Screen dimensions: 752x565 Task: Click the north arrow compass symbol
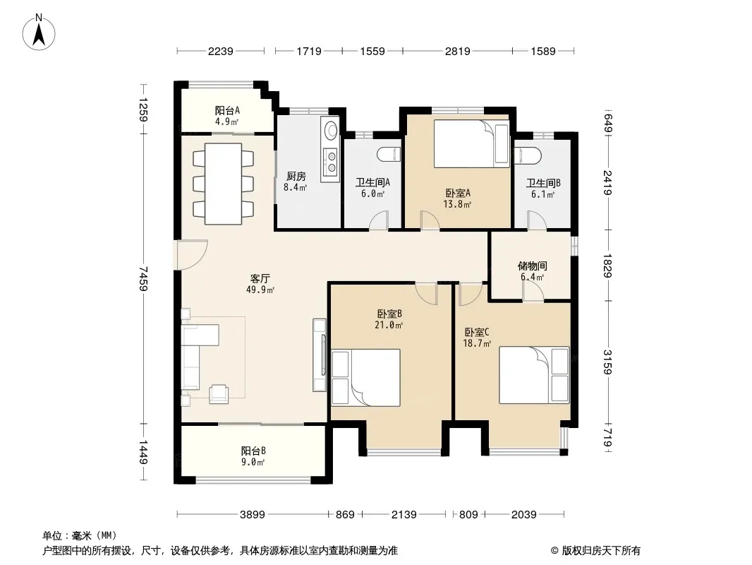coord(39,32)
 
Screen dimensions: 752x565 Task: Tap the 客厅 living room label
coord(260,278)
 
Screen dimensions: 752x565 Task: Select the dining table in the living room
coord(223,184)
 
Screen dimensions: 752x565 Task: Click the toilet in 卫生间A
coord(389,155)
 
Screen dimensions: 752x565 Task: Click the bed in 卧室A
coord(471,143)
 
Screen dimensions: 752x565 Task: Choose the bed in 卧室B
coord(366,377)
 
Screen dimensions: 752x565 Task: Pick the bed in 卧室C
coord(534,375)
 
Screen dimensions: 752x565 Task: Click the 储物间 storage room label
coord(533,266)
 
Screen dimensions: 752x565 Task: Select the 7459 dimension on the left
coord(143,278)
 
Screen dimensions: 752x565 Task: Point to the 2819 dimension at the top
coord(458,51)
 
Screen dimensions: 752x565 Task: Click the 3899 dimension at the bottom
coord(253,515)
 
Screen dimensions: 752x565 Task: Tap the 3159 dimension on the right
coord(607,362)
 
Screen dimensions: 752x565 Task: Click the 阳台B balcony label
coord(253,451)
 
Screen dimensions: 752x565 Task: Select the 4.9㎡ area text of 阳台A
coord(227,121)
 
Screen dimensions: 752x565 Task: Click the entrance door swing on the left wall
coord(192,254)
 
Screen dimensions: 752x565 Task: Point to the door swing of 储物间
coord(533,292)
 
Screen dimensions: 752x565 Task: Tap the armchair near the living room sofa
coord(219,394)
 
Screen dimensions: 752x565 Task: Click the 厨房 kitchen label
coord(296,176)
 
